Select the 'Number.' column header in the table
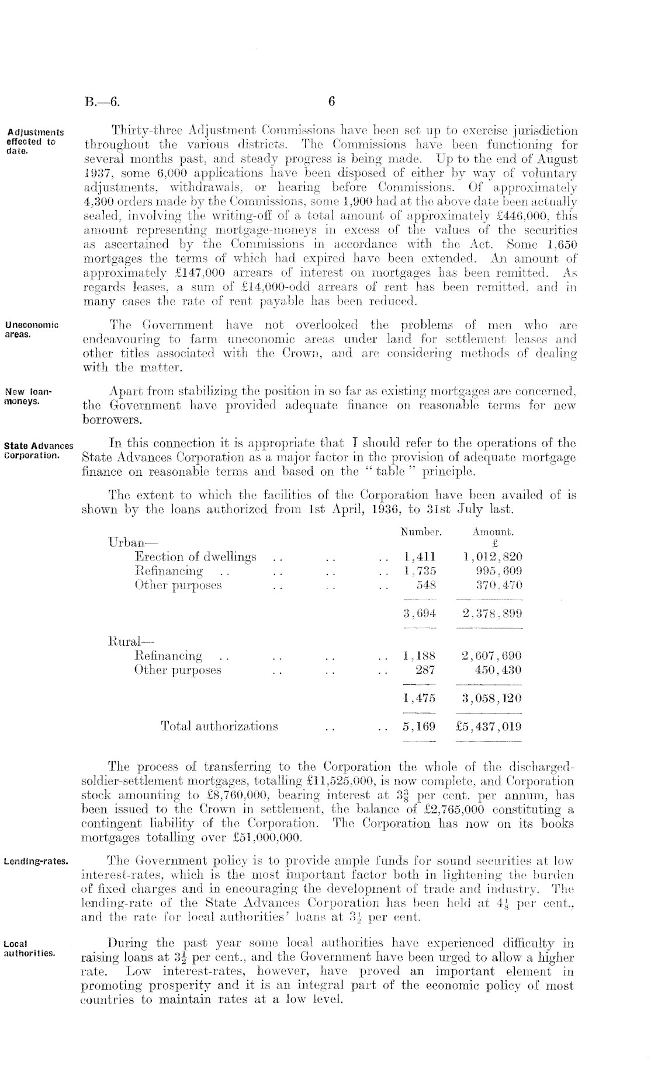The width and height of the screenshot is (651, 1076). pos(420,532)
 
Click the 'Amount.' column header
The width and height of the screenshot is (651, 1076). pos(493,532)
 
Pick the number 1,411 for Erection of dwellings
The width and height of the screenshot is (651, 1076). pos(420,556)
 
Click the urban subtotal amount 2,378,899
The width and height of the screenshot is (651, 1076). pos(491,613)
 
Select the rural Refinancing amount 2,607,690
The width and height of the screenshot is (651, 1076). pos(491,656)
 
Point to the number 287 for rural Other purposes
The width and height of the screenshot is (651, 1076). pos(425,670)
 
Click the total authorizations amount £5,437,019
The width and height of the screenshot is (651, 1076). pos(489,727)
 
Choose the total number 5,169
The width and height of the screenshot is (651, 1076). pos(420,727)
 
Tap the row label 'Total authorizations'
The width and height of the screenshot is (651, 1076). pos(219,727)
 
